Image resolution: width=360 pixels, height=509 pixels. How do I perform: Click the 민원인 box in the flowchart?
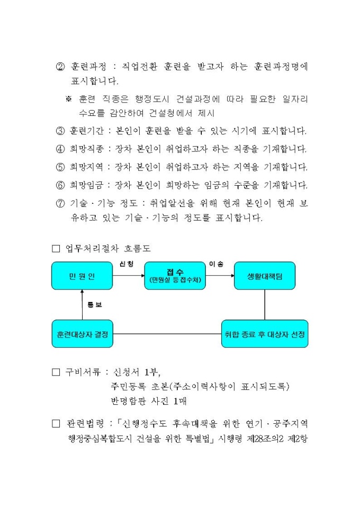82,276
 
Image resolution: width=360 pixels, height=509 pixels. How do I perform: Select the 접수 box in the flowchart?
174,276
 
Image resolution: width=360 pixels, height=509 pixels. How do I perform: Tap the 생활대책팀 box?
264,276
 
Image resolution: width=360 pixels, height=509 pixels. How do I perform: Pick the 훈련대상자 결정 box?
82,334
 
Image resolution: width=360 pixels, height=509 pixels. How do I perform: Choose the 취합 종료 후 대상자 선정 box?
264,334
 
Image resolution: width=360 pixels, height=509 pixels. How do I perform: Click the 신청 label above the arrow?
127,263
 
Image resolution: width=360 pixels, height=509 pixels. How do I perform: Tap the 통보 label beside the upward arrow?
95,305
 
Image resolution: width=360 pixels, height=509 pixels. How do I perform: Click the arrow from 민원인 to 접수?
128,276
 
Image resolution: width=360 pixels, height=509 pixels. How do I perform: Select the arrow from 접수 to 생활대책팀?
220,276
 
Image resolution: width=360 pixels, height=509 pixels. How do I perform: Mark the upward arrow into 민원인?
82,305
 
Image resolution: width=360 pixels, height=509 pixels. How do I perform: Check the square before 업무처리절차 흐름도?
56,248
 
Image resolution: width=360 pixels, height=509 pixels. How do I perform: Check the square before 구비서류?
56,372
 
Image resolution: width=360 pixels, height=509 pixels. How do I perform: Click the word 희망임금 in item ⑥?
86,185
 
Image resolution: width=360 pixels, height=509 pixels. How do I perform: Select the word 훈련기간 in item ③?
86,131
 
